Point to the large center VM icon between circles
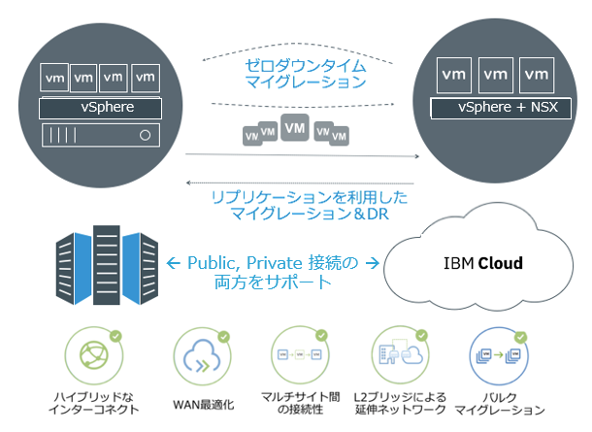(298, 128)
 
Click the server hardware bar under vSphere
(100, 134)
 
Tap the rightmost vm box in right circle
(535, 74)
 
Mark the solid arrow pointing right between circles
(301, 154)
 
